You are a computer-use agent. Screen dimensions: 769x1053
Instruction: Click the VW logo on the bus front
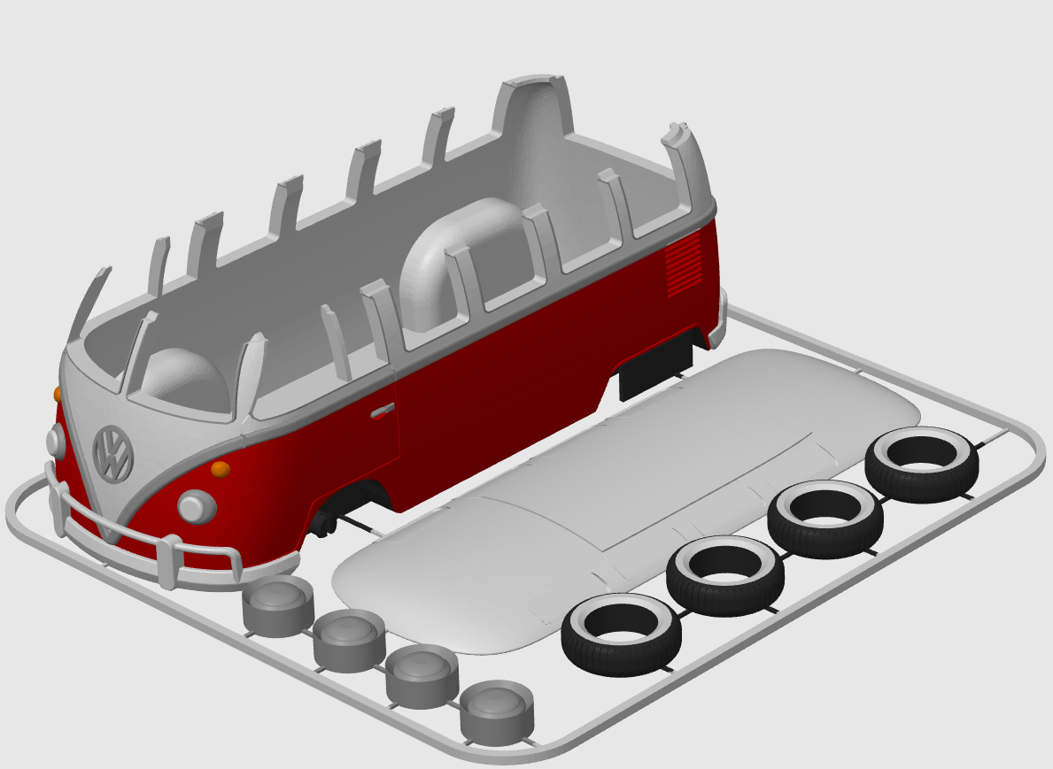(112, 453)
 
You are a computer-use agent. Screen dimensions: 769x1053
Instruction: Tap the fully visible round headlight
(196, 506)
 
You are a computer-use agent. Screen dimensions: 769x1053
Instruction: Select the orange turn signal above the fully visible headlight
(221, 468)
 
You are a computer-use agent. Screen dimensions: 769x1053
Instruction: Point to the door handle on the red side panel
(383, 410)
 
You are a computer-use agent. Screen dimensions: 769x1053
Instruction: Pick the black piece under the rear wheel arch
(655, 365)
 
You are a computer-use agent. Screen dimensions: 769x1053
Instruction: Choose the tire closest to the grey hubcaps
(621, 633)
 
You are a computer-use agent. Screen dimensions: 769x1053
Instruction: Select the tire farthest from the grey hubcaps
(922, 464)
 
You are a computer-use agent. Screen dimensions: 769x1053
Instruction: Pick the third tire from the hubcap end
(825, 519)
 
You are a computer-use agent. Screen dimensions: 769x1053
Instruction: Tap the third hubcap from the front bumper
(422, 675)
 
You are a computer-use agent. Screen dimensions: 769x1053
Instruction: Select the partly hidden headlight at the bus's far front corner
(55, 440)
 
